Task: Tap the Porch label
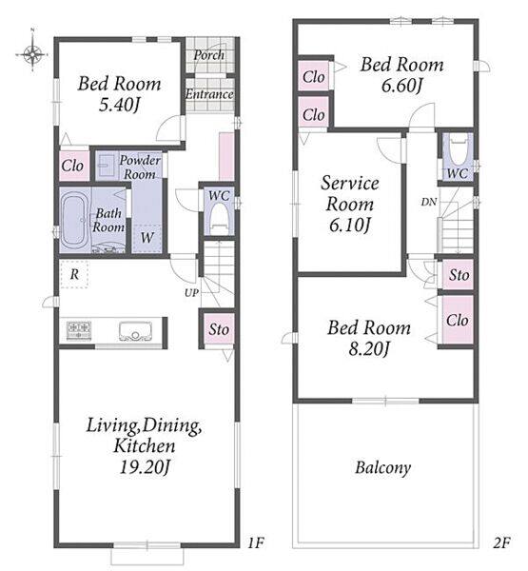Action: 208,55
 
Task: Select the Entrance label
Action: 209,94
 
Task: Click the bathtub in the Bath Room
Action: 74,220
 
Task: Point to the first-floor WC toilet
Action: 219,219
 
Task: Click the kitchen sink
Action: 135,331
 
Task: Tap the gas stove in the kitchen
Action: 79,330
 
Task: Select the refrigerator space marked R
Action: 74,275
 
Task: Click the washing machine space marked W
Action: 147,238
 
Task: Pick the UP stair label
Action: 191,292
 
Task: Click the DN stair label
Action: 429,202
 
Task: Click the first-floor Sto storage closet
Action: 219,329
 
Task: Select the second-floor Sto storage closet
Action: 459,275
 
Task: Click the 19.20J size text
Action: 145,467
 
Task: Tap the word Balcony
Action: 383,467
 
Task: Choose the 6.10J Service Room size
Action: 349,225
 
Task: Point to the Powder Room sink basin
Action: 108,165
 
